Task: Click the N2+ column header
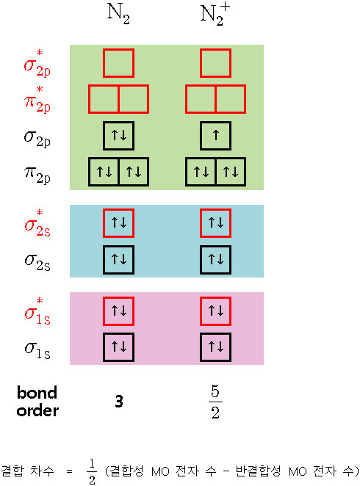click(215, 16)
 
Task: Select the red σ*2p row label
click(37, 64)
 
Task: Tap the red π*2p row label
click(37, 99)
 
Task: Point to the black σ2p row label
click(37, 136)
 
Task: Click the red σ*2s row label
click(37, 222)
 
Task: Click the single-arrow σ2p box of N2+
click(215, 135)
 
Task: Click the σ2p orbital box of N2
click(118, 135)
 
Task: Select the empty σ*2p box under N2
click(118, 63)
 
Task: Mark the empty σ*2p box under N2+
click(215, 63)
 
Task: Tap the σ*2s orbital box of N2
click(118, 222)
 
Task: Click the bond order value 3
click(118, 401)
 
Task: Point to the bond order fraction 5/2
click(215, 401)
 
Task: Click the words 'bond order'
click(37, 401)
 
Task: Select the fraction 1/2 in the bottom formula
click(92, 472)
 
